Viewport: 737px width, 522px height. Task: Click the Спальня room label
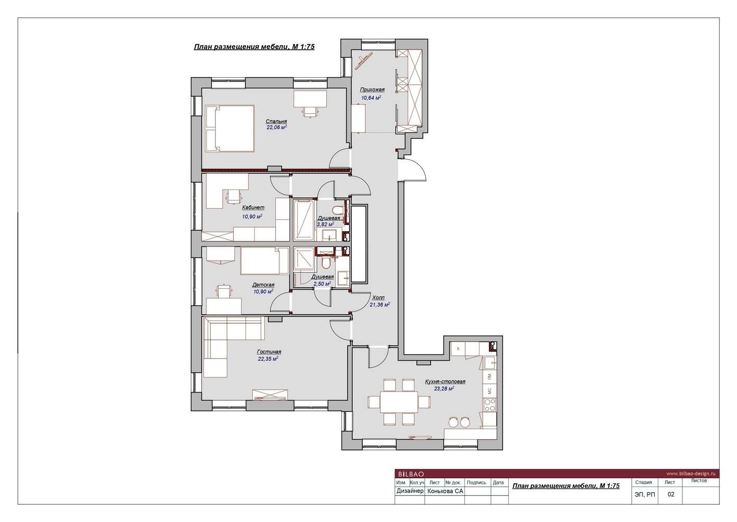(276, 121)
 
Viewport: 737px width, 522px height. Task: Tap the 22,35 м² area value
(268, 359)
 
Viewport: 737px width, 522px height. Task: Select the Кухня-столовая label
(445, 382)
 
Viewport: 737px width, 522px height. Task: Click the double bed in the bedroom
(230, 128)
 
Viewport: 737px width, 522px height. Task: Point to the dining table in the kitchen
(399, 401)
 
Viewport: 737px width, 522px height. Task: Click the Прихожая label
(372, 90)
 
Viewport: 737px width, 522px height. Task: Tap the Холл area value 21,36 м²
(379, 305)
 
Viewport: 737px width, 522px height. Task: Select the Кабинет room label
(253, 208)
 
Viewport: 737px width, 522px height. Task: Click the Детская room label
(263, 284)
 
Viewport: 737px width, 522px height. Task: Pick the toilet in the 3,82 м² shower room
(337, 210)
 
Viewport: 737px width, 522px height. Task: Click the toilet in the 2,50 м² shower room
(327, 264)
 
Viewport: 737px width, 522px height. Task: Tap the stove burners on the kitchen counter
(489, 405)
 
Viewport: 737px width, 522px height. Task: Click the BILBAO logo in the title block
(411, 474)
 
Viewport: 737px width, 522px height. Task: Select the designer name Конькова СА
(445, 491)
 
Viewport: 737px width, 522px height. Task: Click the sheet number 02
(671, 494)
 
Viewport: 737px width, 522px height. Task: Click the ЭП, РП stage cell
(645, 494)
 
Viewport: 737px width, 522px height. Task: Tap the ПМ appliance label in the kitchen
(489, 376)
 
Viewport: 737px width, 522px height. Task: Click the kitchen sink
(490, 363)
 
